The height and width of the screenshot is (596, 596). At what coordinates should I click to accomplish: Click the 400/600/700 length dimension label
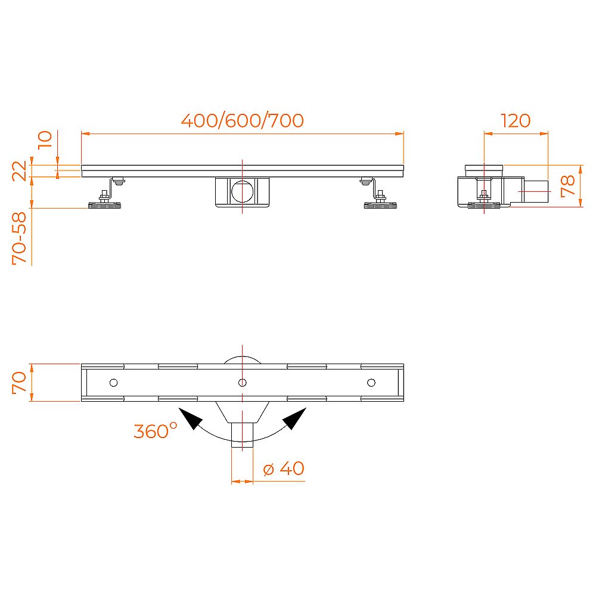point(242,120)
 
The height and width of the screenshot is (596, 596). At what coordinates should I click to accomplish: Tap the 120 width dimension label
point(516,121)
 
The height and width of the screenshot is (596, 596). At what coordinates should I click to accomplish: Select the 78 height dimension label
point(568,186)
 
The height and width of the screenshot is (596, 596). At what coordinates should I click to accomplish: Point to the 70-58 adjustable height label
point(20,238)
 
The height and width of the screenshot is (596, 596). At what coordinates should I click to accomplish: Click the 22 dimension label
point(20,170)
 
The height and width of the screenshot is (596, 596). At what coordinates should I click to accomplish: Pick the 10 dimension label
point(45,139)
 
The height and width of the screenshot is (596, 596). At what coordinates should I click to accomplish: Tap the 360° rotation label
point(156,430)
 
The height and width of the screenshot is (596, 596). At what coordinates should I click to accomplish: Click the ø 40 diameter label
point(284,468)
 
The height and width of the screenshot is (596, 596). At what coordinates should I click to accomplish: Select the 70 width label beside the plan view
point(20,383)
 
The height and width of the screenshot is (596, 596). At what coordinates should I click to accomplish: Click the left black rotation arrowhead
point(191,418)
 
